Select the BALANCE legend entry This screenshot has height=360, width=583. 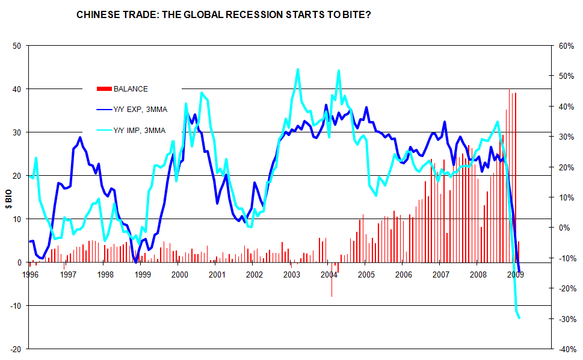[x=130, y=89]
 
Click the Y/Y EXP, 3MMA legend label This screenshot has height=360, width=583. [x=140, y=109]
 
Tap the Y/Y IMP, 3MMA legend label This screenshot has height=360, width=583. [x=139, y=129]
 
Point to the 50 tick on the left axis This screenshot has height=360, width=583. [x=17, y=46]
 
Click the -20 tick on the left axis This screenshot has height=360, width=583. [x=16, y=349]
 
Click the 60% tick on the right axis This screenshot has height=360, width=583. [x=566, y=46]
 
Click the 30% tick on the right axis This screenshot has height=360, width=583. [x=566, y=137]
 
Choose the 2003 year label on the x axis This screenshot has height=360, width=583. [x=292, y=275]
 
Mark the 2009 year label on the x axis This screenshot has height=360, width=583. [x=516, y=275]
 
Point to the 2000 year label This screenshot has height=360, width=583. [x=180, y=275]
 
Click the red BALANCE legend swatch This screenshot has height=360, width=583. [x=103, y=89]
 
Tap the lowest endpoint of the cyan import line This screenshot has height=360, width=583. [x=519, y=318]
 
